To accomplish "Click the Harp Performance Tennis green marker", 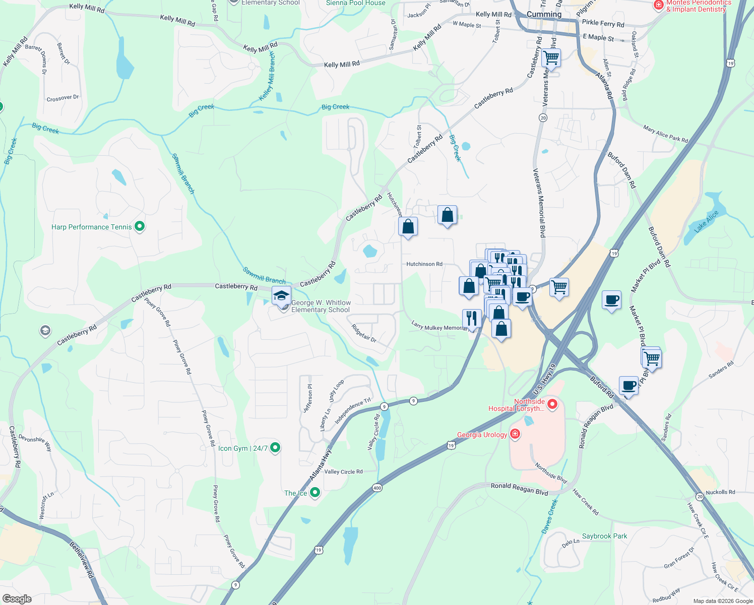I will [x=140, y=227].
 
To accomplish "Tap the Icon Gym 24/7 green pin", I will [x=275, y=447].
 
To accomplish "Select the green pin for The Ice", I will [x=315, y=493].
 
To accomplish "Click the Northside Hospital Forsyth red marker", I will [x=552, y=404].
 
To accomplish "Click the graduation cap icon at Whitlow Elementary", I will [x=281, y=296].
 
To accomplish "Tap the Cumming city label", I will [x=544, y=14].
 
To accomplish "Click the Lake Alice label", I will [x=706, y=222].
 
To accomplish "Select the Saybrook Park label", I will [x=604, y=536].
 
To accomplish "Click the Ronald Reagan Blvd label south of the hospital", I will [x=519, y=489].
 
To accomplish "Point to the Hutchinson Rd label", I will [x=424, y=264].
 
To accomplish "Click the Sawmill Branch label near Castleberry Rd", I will [x=264, y=275].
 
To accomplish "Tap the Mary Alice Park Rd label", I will [x=665, y=134].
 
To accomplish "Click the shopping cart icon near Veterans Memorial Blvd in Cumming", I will [x=551, y=57].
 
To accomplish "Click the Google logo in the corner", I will [x=17, y=598].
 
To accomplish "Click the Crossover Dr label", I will [x=62, y=98].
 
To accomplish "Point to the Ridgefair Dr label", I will [x=364, y=333].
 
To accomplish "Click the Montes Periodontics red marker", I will [x=658, y=5].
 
